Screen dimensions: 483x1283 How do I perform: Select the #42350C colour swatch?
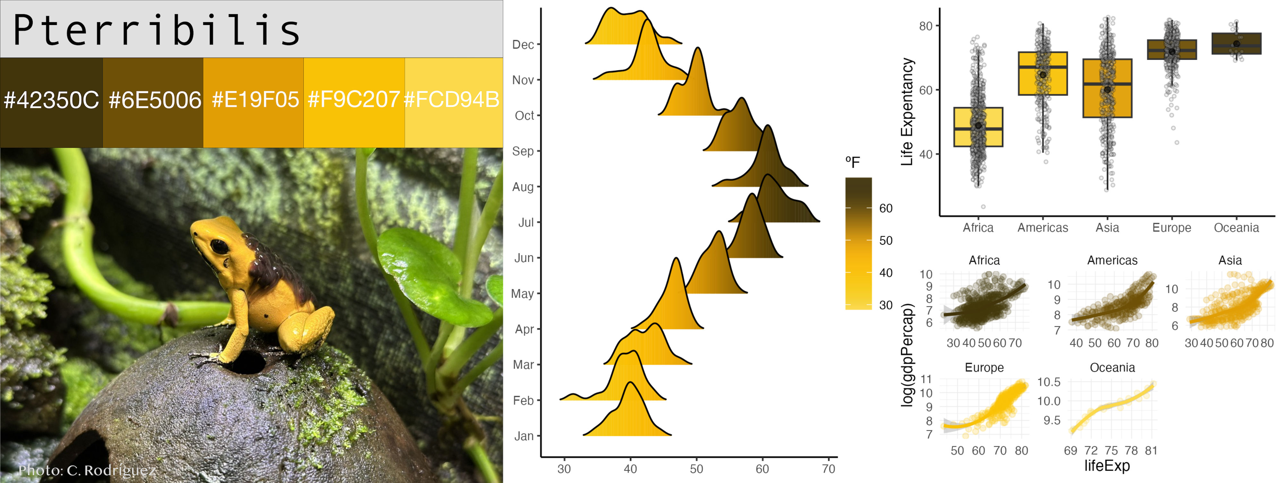point(51,102)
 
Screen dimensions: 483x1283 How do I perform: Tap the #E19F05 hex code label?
point(255,100)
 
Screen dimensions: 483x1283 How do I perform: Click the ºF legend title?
point(852,162)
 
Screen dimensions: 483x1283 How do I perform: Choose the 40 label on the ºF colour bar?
point(886,273)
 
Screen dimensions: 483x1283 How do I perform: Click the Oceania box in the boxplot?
point(1236,44)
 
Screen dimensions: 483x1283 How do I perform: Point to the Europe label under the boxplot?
point(1171,228)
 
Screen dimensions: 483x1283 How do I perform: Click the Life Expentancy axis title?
point(907,112)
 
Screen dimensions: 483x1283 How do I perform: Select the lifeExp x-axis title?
point(1107,466)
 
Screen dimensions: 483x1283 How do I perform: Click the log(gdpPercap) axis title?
point(907,354)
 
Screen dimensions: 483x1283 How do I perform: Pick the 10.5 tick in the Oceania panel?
point(1049,382)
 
